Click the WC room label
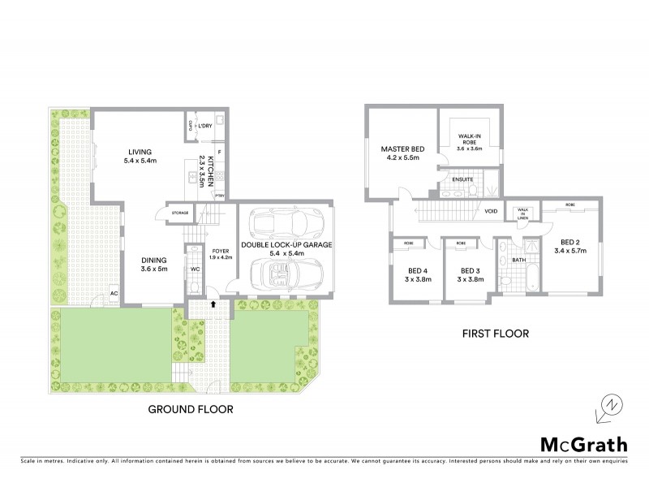195,269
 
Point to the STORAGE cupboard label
179,213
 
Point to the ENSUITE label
463,179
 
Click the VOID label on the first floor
490,211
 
